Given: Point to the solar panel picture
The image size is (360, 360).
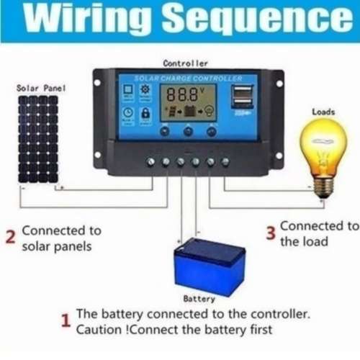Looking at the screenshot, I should (x=38, y=138).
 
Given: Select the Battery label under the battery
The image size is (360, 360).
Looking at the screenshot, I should (x=199, y=298).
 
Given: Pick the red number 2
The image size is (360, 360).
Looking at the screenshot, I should (x=10, y=238).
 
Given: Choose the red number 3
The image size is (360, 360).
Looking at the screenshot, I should (x=271, y=233).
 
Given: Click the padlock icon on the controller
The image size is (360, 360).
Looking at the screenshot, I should (x=147, y=113).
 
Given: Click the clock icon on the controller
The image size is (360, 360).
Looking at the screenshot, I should (x=127, y=113).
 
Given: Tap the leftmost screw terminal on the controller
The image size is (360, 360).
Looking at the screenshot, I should (x=151, y=162).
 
